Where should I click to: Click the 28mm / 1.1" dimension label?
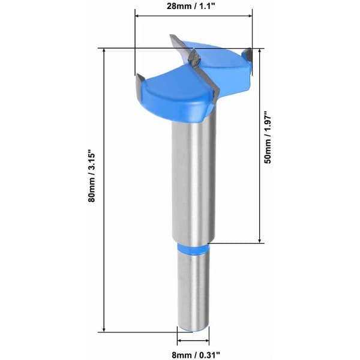tap(191, 6)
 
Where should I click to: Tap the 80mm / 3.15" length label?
tap(91, 176)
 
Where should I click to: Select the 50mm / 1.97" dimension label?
tap(268, 137)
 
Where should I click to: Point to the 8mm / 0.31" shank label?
tap(196, 355)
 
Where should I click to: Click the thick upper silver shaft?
tap(194, 179)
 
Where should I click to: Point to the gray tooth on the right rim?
tap(247, 54)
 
